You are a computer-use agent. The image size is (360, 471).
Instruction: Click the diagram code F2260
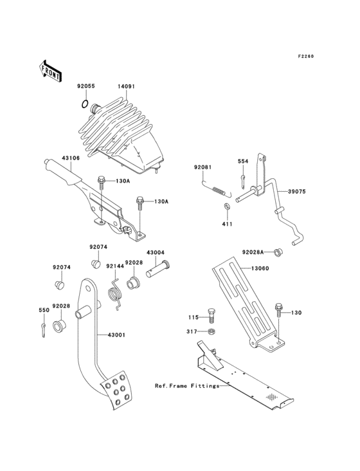coord(307,57)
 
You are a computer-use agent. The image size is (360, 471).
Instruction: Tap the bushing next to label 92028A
coord(279,251)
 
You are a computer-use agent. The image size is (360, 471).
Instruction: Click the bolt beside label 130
coord(279,310)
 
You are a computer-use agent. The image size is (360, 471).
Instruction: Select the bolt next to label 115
coord(213,317)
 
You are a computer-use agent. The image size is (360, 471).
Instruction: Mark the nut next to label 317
coord(213,332)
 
